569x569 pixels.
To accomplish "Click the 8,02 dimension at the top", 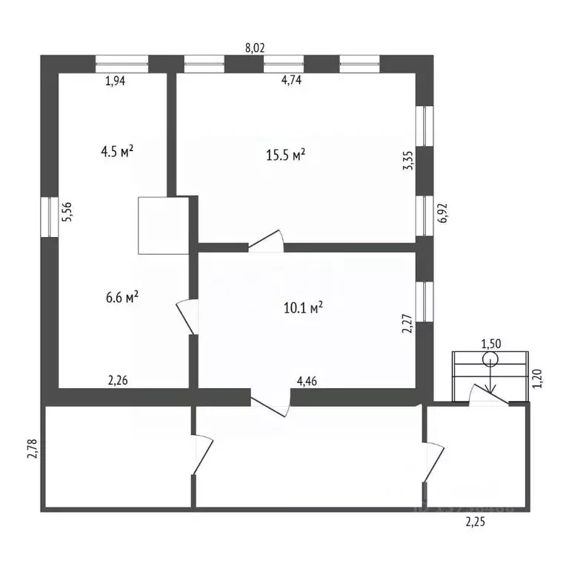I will click(255, 47).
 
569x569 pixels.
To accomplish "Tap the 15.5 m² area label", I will click(286, 156).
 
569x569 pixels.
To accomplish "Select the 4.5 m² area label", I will click(117, 152).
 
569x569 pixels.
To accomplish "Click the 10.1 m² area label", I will click(303, 307).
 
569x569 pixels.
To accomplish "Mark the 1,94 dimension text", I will click(116, 81).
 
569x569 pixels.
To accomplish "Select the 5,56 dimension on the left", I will click(66, 213).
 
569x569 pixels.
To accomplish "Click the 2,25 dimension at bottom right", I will click(476, 522).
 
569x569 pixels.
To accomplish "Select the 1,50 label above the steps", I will click(491, 343).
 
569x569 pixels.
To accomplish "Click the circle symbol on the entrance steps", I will click(490, 359).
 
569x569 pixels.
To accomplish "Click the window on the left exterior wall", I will click(50, 216).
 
